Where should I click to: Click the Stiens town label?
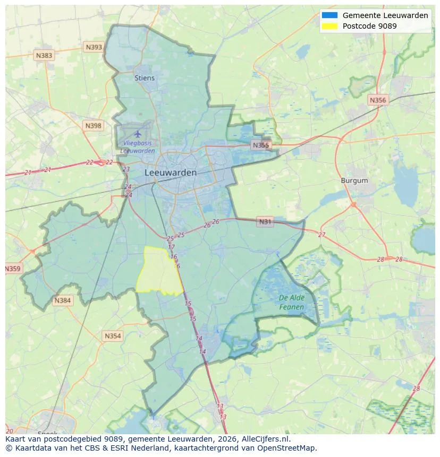click(145, 78)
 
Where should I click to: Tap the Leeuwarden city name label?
click(171, 173)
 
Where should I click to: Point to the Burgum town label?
click(354, 181)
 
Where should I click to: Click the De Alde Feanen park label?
click(292, 303)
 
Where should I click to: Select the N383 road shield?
click(44, 55)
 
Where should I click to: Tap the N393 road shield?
click(94, 47)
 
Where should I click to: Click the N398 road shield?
click(93, 126)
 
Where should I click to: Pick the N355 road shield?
click(261, 145)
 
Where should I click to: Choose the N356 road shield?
click(378, 100)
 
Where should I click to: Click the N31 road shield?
click(264, 222)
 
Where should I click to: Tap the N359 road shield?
click(13, 269)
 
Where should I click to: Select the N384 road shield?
click(62, 301)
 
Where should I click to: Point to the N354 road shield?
click(113, 336)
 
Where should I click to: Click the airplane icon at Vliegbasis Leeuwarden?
click(138, 133)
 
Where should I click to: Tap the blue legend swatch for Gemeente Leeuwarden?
click(329, 15)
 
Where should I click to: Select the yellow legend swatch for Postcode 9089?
click(329, 26)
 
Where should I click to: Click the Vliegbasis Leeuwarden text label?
click(138, 147)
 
